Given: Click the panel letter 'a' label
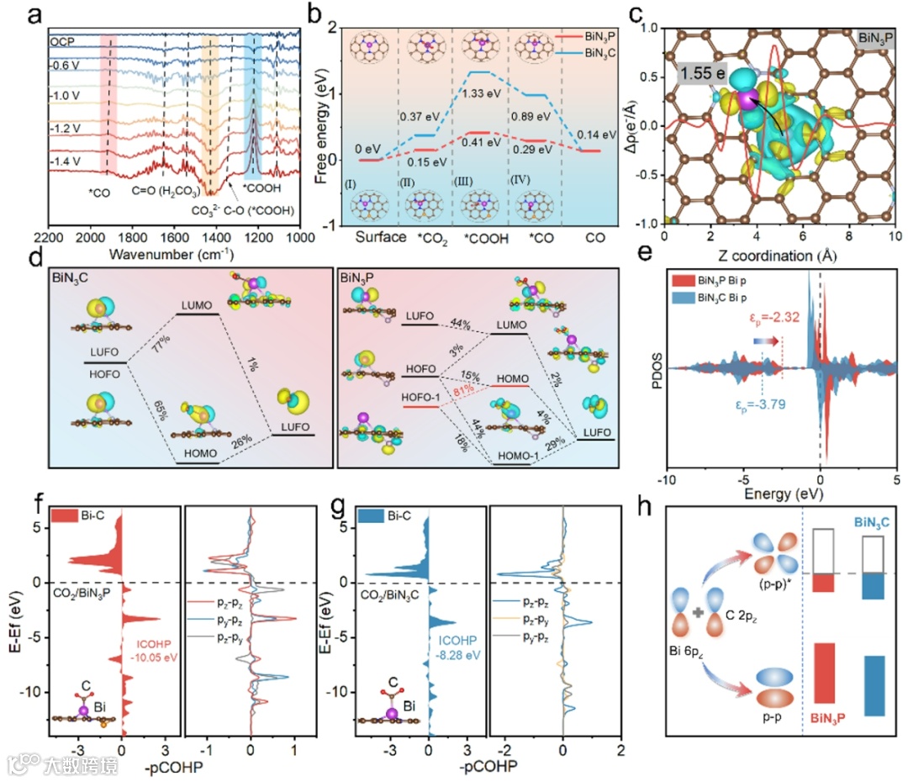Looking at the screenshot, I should coord(16,16).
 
